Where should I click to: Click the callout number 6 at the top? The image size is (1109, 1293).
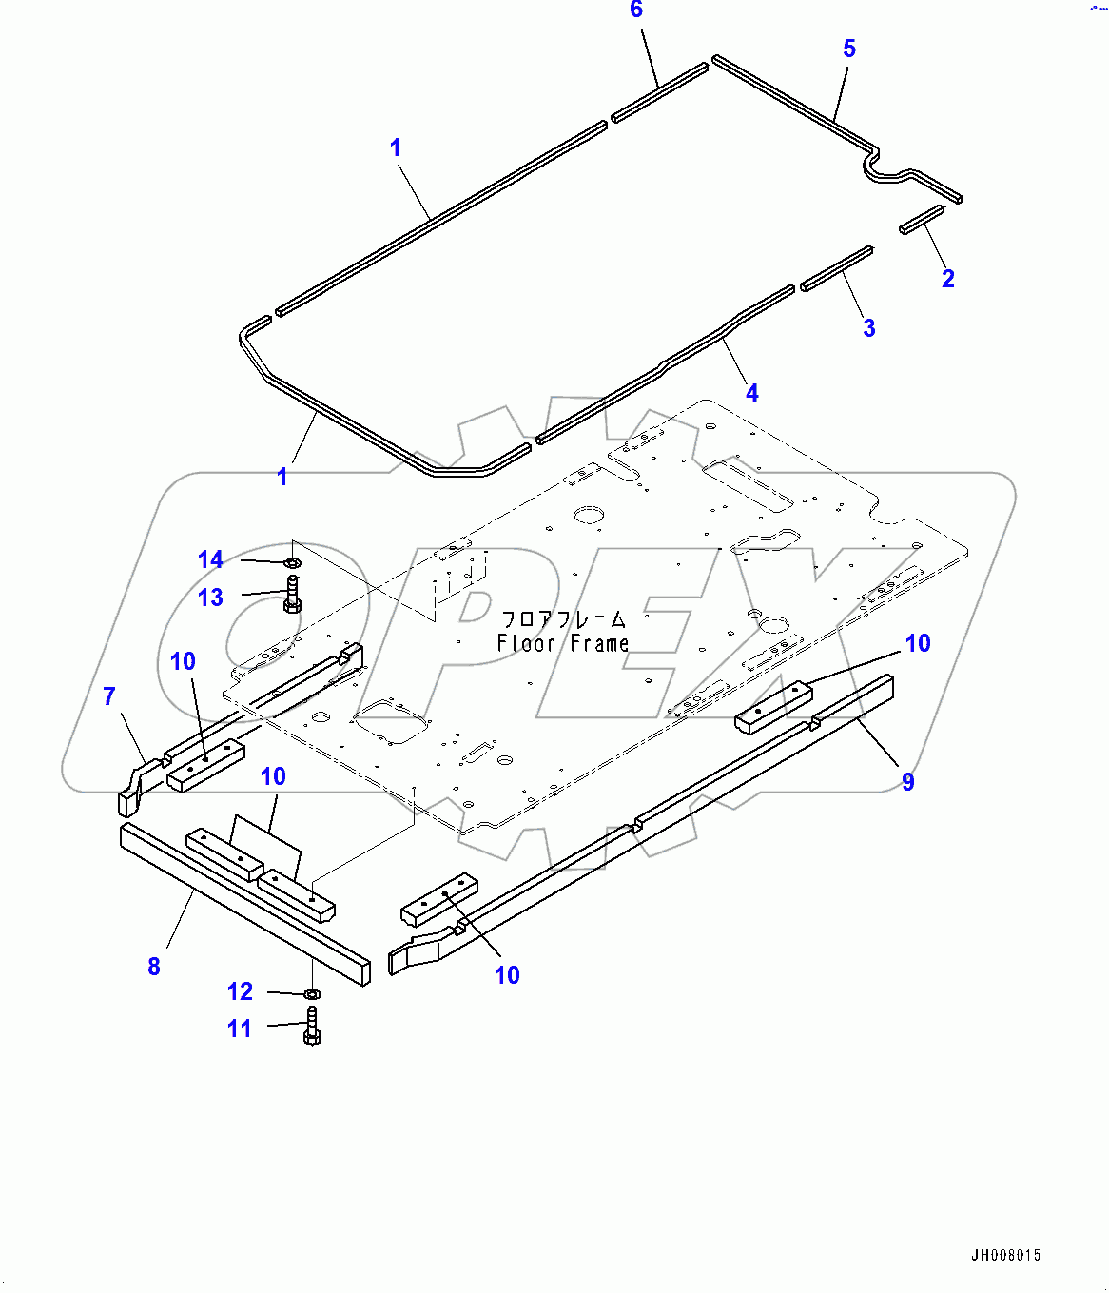(636, 10)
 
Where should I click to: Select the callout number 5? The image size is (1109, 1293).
(849, 49)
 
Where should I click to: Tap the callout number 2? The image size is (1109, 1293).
(947, 279)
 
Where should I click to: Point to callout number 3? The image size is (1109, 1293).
(868, 328)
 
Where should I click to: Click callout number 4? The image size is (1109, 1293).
(751, 393)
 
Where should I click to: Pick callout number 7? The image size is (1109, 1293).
(109, 697)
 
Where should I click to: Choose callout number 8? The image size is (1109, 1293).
(154, 967)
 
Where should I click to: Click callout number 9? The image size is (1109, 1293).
(908, 782)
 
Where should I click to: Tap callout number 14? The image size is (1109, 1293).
(210, 560)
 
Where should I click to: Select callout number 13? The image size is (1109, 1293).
(210, 598)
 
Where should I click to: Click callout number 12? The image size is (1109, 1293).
(240, 992)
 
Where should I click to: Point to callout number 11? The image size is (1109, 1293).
(239, 1029)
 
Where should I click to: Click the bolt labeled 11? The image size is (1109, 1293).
(313, 1026)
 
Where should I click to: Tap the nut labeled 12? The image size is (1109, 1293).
(312, 994)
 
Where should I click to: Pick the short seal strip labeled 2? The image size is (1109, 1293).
(922, 219)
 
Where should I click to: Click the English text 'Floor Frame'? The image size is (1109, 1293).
(563, 644)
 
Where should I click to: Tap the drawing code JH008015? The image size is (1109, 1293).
(1005, 1256)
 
